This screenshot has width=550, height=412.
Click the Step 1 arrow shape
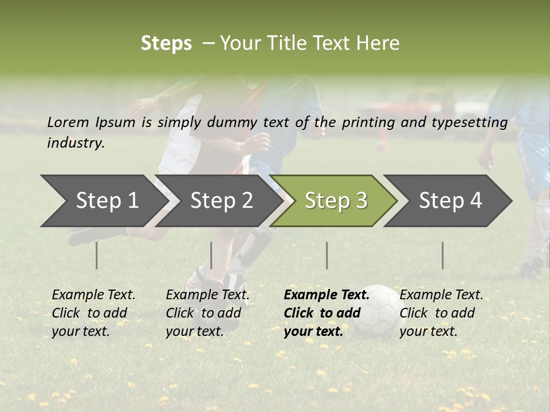tap(103, 201)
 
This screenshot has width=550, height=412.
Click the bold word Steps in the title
tap(166, 43)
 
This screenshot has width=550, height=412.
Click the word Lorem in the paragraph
tap(68, 122)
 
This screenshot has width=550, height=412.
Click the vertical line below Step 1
tap(97, 255)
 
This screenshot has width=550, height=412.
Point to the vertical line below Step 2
tap(211, 255)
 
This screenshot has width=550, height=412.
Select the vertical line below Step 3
tap(327, 255)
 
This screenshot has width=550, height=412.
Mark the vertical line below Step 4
tap(442, 255)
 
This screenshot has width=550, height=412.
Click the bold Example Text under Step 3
tap(327, 295)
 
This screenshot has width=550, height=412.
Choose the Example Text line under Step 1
tap(93, 295)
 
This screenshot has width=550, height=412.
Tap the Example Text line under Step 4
tap(441, 295)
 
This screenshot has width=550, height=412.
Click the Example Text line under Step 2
tap(207, 295)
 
